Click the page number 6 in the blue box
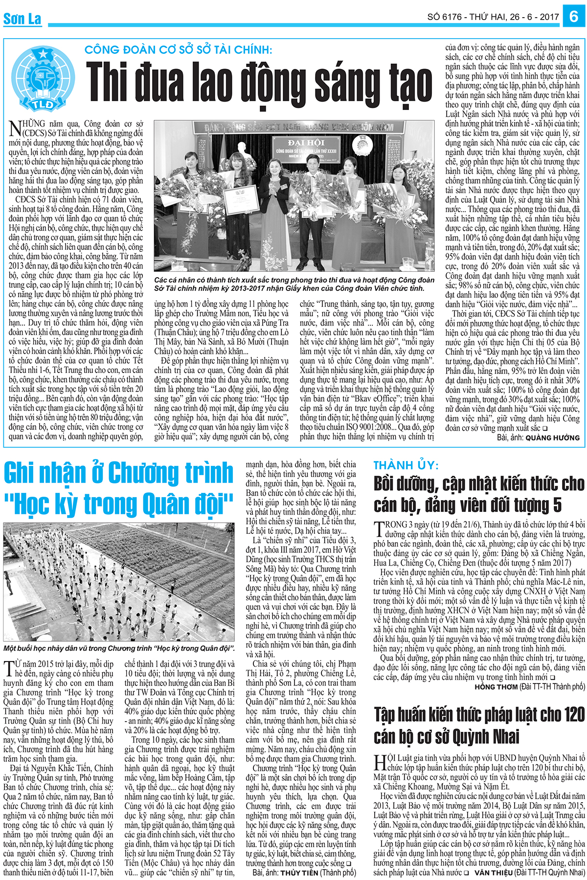[x=574, y=17]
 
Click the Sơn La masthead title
[x=22, y=19]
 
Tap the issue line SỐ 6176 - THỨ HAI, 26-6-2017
[x=493, y=17]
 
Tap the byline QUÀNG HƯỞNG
[x=552, y=438]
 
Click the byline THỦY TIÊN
[x=299, y=873]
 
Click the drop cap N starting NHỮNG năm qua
[x=15, y=129]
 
